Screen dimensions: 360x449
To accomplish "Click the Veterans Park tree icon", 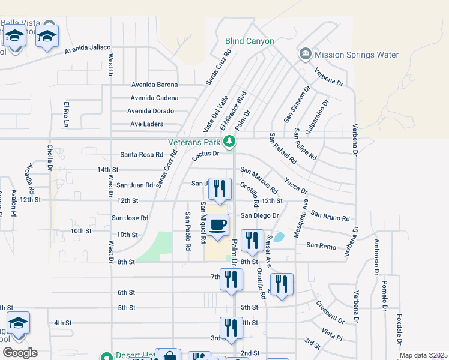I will click(x=229, y=142).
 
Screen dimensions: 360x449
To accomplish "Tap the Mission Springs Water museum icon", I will click(x=305, y=55).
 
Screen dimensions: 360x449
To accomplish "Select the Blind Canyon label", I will click(x=249, y=41).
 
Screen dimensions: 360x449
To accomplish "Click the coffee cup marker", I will click(x=218, y=225).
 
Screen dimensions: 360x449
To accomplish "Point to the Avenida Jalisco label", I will click(x=88, y=47).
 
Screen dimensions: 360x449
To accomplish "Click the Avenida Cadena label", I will click(x=154, y=98).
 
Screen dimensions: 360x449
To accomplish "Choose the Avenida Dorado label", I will click(x=151, y=111).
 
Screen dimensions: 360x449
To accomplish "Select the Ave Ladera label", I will click(x=147, y=124).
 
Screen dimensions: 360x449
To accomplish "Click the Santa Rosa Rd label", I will click(x=142, y=154).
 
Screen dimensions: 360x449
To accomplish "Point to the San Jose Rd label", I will click(x=130, y=218).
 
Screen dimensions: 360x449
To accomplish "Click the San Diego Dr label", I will click(x=260, y=215).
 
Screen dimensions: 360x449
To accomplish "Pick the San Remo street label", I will click(x=321, y=245).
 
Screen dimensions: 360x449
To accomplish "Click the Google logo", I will click(x=19, y=353).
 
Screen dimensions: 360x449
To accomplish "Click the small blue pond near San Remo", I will click(x=279, y=238).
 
